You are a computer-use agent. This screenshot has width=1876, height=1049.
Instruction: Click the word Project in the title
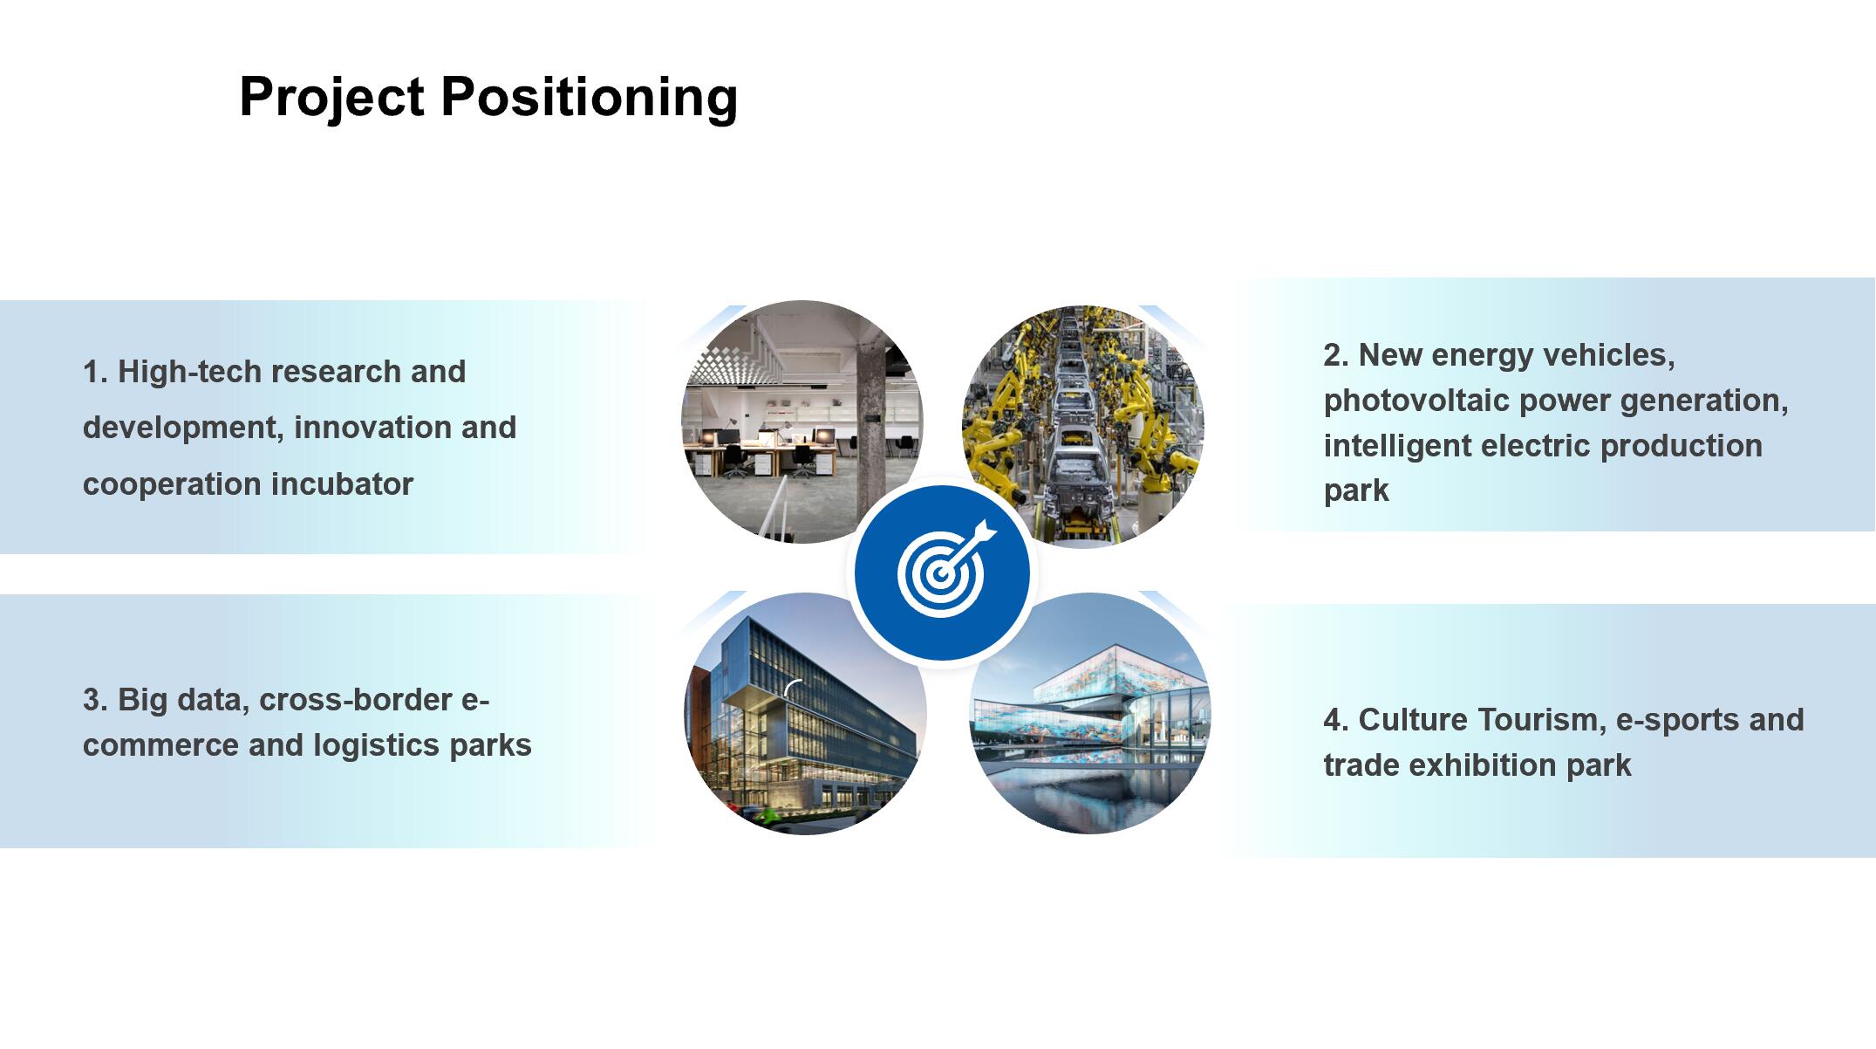tap(331, 98)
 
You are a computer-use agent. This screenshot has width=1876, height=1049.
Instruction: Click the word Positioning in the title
tap(590, 98)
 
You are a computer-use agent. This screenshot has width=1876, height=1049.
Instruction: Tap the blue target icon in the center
tap(942, 573)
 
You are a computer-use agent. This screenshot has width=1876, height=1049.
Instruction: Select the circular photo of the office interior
tap(802, 422)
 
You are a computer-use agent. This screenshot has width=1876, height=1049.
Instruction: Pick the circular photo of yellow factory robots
tap(1082, 427)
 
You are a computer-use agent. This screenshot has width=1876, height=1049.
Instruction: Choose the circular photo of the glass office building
tap(806, 713)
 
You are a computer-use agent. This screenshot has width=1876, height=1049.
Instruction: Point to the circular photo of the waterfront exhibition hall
tap(1090, 713)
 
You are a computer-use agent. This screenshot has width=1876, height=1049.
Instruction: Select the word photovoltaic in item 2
tap(1416, 401)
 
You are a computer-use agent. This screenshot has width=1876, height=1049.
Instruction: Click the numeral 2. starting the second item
tap(1336, 355)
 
